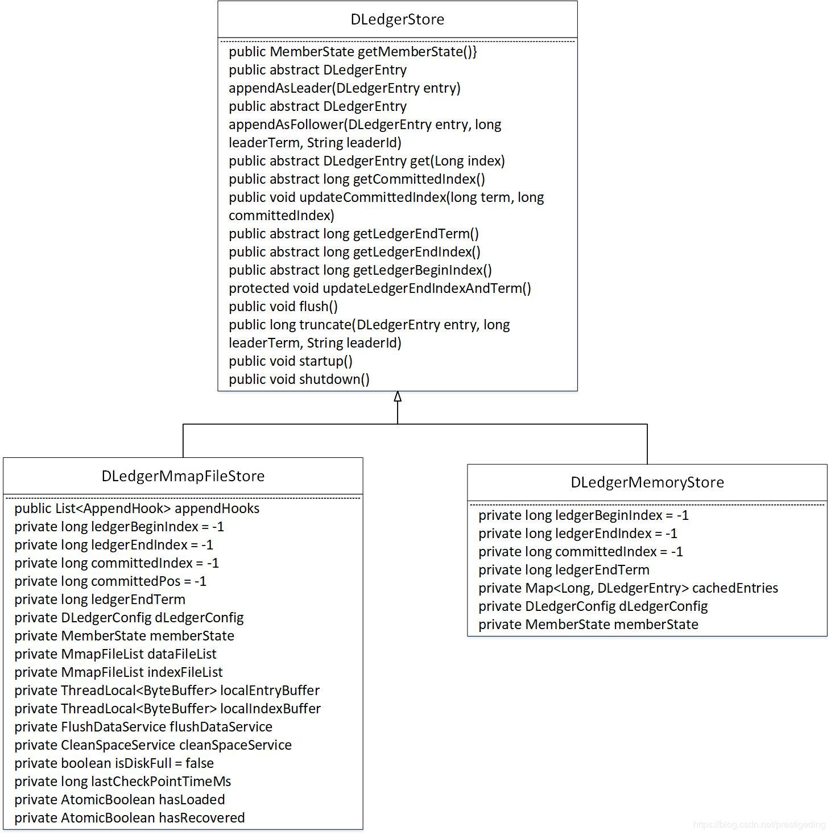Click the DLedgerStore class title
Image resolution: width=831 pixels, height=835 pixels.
pyautogui.click(x=397, y=19)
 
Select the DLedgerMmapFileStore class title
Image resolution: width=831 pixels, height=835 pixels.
pyautogui.click(x=183, y=476)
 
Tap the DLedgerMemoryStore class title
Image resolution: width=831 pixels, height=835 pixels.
pyautogui.click(x=647, y=482)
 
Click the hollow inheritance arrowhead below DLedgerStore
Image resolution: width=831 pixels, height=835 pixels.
pyautogui.click(x=398, y=397)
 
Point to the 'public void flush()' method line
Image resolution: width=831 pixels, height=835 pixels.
pyautogui.click(x=283, y=307)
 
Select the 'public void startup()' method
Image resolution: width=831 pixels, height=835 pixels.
pyautogui.click(x=291, y=361)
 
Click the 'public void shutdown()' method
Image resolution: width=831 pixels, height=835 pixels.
pyautogui.click(x=299, y=379)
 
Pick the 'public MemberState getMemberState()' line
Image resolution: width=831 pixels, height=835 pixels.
pyautogui.click(x=353, y=52)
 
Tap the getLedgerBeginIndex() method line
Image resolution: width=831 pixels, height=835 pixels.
pyautogui.click(x=360, y=270)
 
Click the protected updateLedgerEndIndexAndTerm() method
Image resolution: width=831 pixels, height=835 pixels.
pyautogui.click(x=379, y=288)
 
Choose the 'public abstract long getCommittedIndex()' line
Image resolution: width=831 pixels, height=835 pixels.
pyautogui.click(x=357, y=179)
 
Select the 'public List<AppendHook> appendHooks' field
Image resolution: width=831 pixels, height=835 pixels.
pyautogui.click(x=137, y=509)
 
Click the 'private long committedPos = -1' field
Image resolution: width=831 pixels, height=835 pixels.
pyautogui.click(x=110, y=581)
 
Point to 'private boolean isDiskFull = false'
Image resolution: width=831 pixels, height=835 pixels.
pyautogui.click(x=114, y=763)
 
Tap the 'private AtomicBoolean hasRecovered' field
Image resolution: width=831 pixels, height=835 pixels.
pyautogui.click(x=129, y=818)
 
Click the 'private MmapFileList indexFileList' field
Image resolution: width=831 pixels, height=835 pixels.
pyautogui.click(x=118, y=672)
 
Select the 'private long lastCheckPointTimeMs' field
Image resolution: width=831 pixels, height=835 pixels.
pyautogui.click(x=122, y=782)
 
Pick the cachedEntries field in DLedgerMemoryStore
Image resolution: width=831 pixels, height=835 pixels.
pyautogui.click(x=628, y=588)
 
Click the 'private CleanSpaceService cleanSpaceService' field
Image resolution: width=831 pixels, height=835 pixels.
pyautogui.click(x=152, y=745)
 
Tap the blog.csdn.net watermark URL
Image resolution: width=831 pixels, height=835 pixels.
pyautogui.click(x=759, y=824)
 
